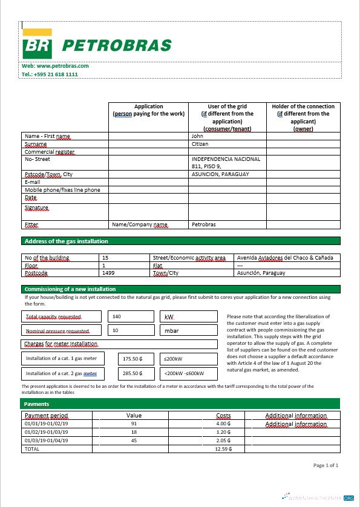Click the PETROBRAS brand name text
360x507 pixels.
point(117,45)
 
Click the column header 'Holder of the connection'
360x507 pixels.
point(303,106)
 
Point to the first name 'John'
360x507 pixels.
point(197,136)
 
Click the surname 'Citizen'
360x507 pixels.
point(200,144)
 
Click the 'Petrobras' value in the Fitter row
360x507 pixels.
point(203,224)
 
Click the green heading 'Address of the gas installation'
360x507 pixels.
point(66,241)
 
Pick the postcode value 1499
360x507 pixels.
point(108,273)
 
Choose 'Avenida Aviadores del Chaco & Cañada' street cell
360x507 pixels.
point(284,258)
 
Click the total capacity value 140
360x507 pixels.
point(117,316)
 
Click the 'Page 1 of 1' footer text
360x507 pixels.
point(326,466)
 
